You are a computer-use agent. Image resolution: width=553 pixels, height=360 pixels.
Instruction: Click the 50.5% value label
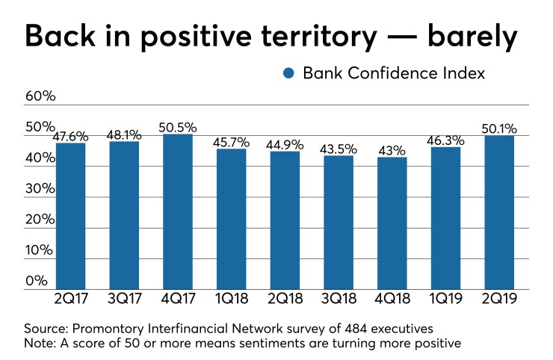[178, 127]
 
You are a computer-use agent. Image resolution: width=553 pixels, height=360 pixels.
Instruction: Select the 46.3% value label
[445, 140]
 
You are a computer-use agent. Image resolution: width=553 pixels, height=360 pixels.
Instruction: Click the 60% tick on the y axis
[39, 96]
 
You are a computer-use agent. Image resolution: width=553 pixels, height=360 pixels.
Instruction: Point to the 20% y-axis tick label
[39, 220]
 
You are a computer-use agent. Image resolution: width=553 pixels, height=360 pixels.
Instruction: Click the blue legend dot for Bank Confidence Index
[288, 73]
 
